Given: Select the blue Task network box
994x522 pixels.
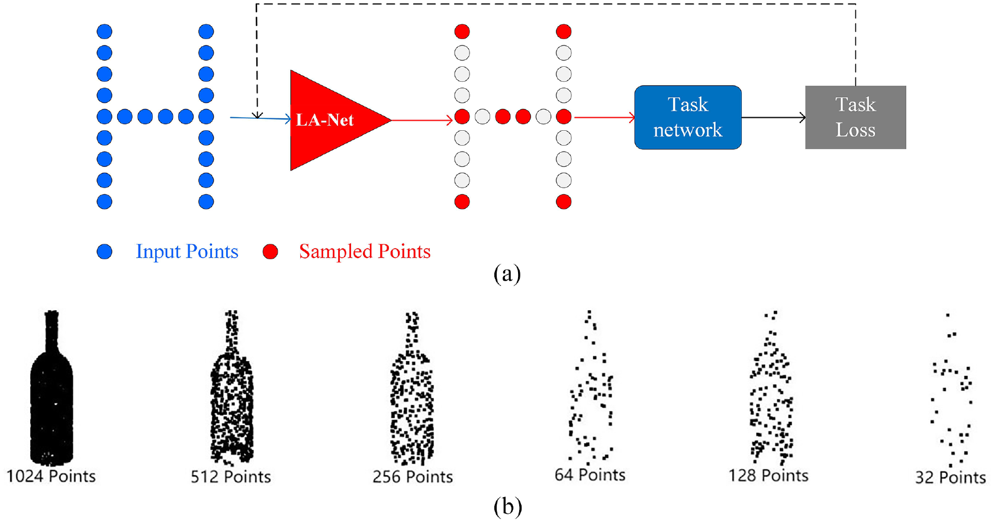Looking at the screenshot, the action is pos(688,118).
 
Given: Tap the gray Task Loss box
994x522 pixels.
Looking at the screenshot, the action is pos(855,118).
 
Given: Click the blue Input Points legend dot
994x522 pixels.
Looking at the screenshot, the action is pos(104,252).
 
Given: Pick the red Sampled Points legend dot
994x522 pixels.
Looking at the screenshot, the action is pos(270,252).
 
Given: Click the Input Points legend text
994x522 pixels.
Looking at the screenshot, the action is pos(187,252).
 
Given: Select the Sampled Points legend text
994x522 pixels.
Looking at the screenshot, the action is pos(365,252).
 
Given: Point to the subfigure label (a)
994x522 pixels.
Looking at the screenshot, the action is pos(507,274).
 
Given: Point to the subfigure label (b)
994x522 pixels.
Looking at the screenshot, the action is pos(507,507).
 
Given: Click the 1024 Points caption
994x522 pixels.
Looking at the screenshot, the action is pos(51,476).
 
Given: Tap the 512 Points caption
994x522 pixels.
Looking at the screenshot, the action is pos(231,477).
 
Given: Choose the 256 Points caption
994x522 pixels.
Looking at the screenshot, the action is pos(413,477).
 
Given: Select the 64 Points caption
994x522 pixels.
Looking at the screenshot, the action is pos(590,475).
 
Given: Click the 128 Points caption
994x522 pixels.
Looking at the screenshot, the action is pos(768,476).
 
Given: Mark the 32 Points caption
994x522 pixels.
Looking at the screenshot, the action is pos(951,478).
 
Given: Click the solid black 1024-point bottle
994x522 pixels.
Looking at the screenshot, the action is pos(52,388).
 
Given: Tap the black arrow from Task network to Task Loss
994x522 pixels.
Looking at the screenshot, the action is pos(773,118).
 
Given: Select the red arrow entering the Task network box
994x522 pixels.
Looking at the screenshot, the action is pos(605,118).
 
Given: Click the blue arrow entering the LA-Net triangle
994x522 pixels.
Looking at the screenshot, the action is pos(260,118).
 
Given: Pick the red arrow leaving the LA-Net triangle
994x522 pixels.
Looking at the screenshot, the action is pos(422,120).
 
